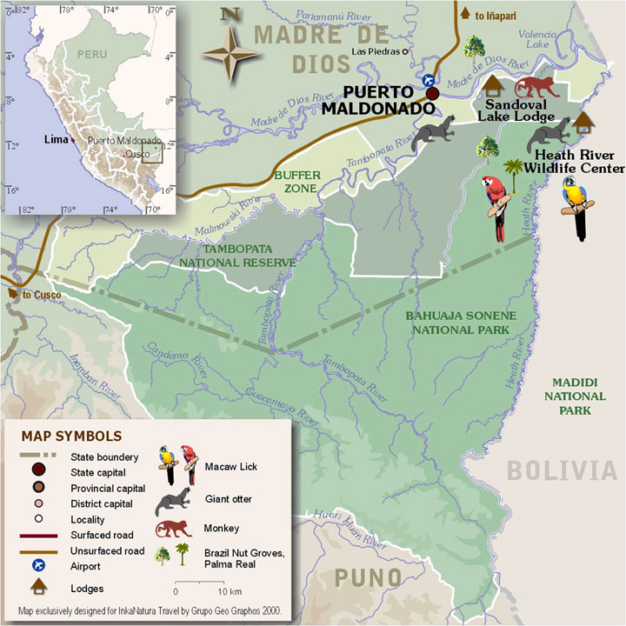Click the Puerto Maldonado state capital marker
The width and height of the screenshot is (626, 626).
[x=432, y=93]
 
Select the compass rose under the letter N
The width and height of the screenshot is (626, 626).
[x=230, y=54]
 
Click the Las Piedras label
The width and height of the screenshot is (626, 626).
[x=378, y=52]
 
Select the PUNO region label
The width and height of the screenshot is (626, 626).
[x=369, y=577]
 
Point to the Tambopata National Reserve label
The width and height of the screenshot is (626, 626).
[x=237, y=255]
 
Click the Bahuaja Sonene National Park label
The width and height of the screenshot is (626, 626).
[x=461, y=322]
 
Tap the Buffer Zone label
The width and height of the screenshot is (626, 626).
[x=297, y=181]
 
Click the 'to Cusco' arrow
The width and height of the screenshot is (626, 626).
[x=12, y=294]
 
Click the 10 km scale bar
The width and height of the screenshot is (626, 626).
[x=203, y=581]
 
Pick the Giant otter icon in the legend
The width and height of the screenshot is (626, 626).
[x=175, y=502]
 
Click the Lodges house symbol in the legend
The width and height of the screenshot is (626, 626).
[x=169, y=589]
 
